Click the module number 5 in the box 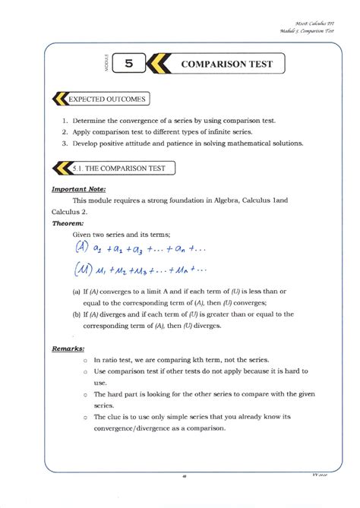tap(128, 65)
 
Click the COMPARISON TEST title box tap(226, 65)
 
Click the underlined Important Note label tap(78, 188)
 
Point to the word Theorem tap(69, 224)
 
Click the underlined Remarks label tap(68, 349)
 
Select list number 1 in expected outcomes tap(66, 121)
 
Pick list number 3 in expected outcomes tap(66, 142)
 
